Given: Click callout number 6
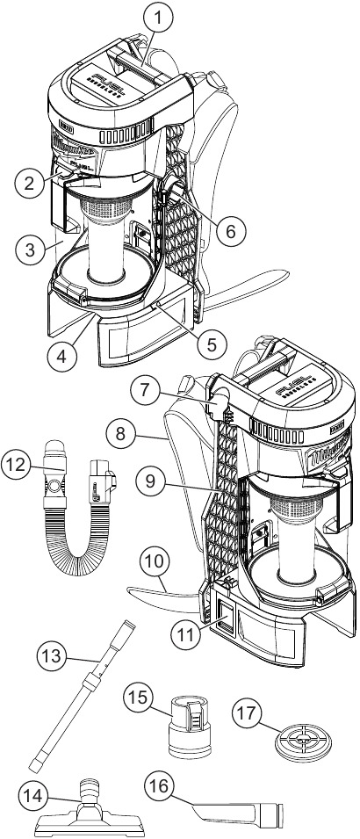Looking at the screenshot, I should (228, 231).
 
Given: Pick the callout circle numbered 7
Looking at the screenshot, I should (146, 387).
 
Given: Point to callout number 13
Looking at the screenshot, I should (51, 655).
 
